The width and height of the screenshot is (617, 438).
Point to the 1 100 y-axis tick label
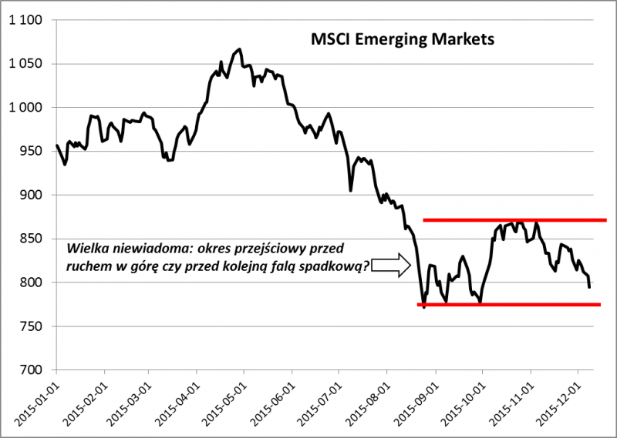(x=25, y=20)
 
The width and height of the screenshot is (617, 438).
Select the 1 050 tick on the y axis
(x=25, y=64)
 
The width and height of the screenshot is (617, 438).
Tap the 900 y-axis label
(x=31, y=196)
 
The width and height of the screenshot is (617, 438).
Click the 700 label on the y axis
(x=31, y=370)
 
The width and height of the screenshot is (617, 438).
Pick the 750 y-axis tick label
(x=31, y=326)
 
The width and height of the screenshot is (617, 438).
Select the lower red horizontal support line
(x=509, y=305)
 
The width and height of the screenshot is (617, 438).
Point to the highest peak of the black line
(x=239, y=49)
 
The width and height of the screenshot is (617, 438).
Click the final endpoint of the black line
(x=590, y=288)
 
